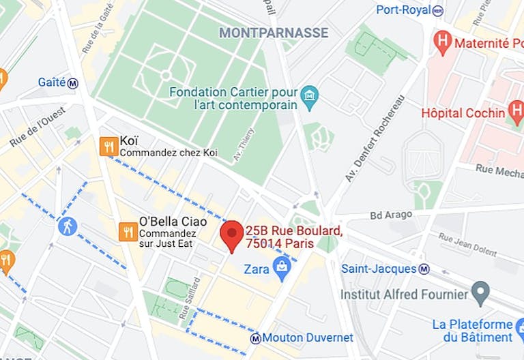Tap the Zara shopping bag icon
[x=280, y=268]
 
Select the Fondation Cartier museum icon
[x=310, y=97]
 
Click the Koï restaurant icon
[x=108, y=146]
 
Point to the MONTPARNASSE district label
[x=273, y=33]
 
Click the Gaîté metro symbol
[x=72, y=82]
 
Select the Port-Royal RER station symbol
[x=438, y=10]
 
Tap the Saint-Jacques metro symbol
[x=424, y=269]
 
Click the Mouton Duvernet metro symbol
[x=255, y=337]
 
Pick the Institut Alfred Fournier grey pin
[x=482, y=294]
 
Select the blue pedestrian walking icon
[x=68, y=226]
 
